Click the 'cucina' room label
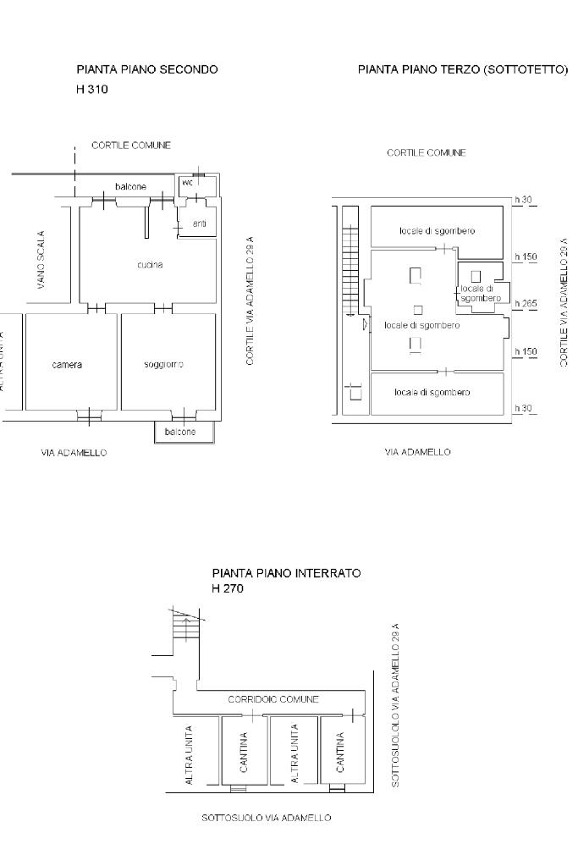coord(150,265)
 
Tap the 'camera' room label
coord(67,365)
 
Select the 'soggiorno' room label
coord(163,365)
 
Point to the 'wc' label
coord(188,182)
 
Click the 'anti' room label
coord(199,223)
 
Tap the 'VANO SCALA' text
coord(41,260)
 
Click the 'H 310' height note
coord(91,89)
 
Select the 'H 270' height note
coord(228,588)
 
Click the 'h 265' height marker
coord(526,303)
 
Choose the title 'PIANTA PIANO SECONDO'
coord(147,69)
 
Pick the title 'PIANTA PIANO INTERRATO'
coord(287,573)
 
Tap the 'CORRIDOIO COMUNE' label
coord(273,699)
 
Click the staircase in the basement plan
coord(186,628)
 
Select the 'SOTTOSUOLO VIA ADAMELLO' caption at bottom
coord(266,818)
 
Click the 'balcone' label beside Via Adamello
coord(180,432)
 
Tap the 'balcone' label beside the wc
coord(131,187)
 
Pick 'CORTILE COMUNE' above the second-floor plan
coord(131,146)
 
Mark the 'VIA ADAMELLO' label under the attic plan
coord(417,452)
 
